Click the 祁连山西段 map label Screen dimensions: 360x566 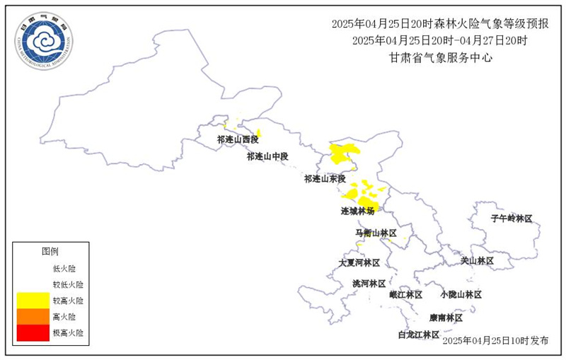pyautogui.click(x=238, y=140)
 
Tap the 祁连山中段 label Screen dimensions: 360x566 pyautogui.click(x=268, y=156)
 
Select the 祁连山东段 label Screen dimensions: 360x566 pyautogui.click(x=325, y=179)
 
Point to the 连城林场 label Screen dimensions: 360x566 pyautogui.click(x=358, y=211)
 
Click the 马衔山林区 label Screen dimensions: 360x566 pyautogui.click(x=376, y=233)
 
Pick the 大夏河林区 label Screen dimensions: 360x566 pyautogui.click(x=359, y=262)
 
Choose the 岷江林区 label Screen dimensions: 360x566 pyautogui.click(x=405, y=294)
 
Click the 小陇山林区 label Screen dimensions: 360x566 pyautogui.click(x=460, y=294)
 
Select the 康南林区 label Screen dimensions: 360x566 pyautogui.click(x=446, y=318)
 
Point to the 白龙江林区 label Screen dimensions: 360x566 pyautogui.click(x=419, y=335)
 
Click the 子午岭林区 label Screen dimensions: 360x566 pyautogui.click(x=511, y=219)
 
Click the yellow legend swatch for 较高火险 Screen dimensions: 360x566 pyautogui.click(x=33, y=301)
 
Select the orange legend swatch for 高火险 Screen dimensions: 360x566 pyautogui.click(x=33, y=316)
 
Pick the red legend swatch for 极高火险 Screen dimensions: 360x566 pyautogui.click(x=33, y=332)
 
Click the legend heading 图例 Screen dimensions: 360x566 pyautogui.click(x=50, y=251)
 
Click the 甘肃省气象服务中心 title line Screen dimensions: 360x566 pyautogui.click(x=441, y=57)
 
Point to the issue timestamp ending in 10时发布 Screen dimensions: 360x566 pyautogui.click(x=495, y=340)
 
